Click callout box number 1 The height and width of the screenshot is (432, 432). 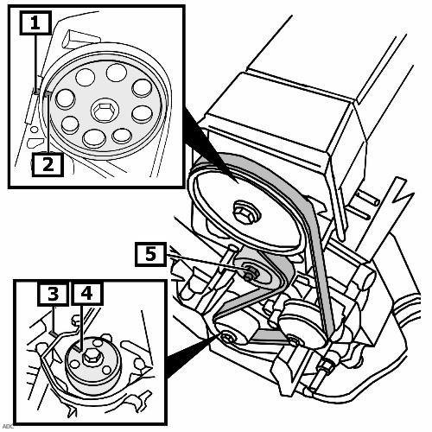click(35, 22)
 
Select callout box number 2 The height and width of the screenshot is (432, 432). click(48, 165)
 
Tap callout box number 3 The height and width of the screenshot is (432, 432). click(53, 294)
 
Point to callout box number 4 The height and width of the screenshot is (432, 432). click(86, 294)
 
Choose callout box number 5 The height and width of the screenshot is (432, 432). click(150, 254)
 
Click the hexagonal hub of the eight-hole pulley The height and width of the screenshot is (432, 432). click(105, 110)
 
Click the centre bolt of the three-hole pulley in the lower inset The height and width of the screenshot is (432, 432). click(92, 358)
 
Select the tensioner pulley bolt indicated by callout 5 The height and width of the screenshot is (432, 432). click(251, 272)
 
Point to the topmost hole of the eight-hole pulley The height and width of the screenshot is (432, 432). click(117, 73)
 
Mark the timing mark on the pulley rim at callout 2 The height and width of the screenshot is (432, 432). click(48, 93)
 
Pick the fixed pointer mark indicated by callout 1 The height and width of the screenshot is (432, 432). click(37, 91)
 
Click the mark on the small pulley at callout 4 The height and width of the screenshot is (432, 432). click(77, 348)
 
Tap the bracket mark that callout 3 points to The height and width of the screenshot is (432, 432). click(54, 334)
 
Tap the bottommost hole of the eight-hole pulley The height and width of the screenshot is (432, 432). click(93, 138)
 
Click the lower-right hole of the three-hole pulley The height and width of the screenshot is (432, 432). click(106, 370)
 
